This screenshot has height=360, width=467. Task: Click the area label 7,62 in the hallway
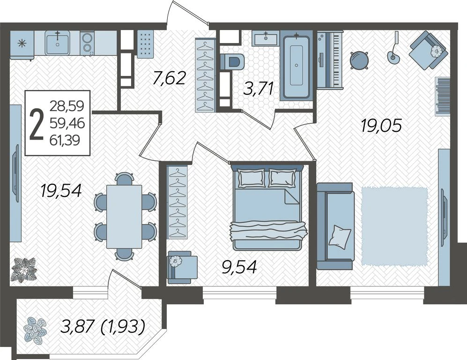(x=169, y=78)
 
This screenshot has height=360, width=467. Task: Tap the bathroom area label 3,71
(x=258, y=88)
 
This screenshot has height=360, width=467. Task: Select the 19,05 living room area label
(x=381, y=125)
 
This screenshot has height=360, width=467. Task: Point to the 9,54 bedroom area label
(x=239, y=267)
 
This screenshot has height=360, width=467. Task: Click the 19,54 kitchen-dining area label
(x=61, y=191)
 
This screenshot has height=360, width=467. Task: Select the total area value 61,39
(x=65, y=140)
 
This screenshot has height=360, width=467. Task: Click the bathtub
(x=297, y=67)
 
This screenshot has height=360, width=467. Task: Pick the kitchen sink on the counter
(x=58, y=43)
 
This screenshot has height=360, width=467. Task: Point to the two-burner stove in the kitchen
(x=87, y=43)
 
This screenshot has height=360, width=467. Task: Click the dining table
(x=124, y=217)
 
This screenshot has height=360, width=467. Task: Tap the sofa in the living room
(x=336, y=226)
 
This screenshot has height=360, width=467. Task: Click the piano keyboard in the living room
(x=330, y=60)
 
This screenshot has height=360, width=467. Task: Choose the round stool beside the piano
(x=359, y=60)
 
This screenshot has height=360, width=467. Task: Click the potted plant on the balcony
(x=36, y=330)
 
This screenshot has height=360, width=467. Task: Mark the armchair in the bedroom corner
(x=182, y=267)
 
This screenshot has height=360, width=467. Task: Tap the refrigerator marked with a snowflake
(x=22, y=45)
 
